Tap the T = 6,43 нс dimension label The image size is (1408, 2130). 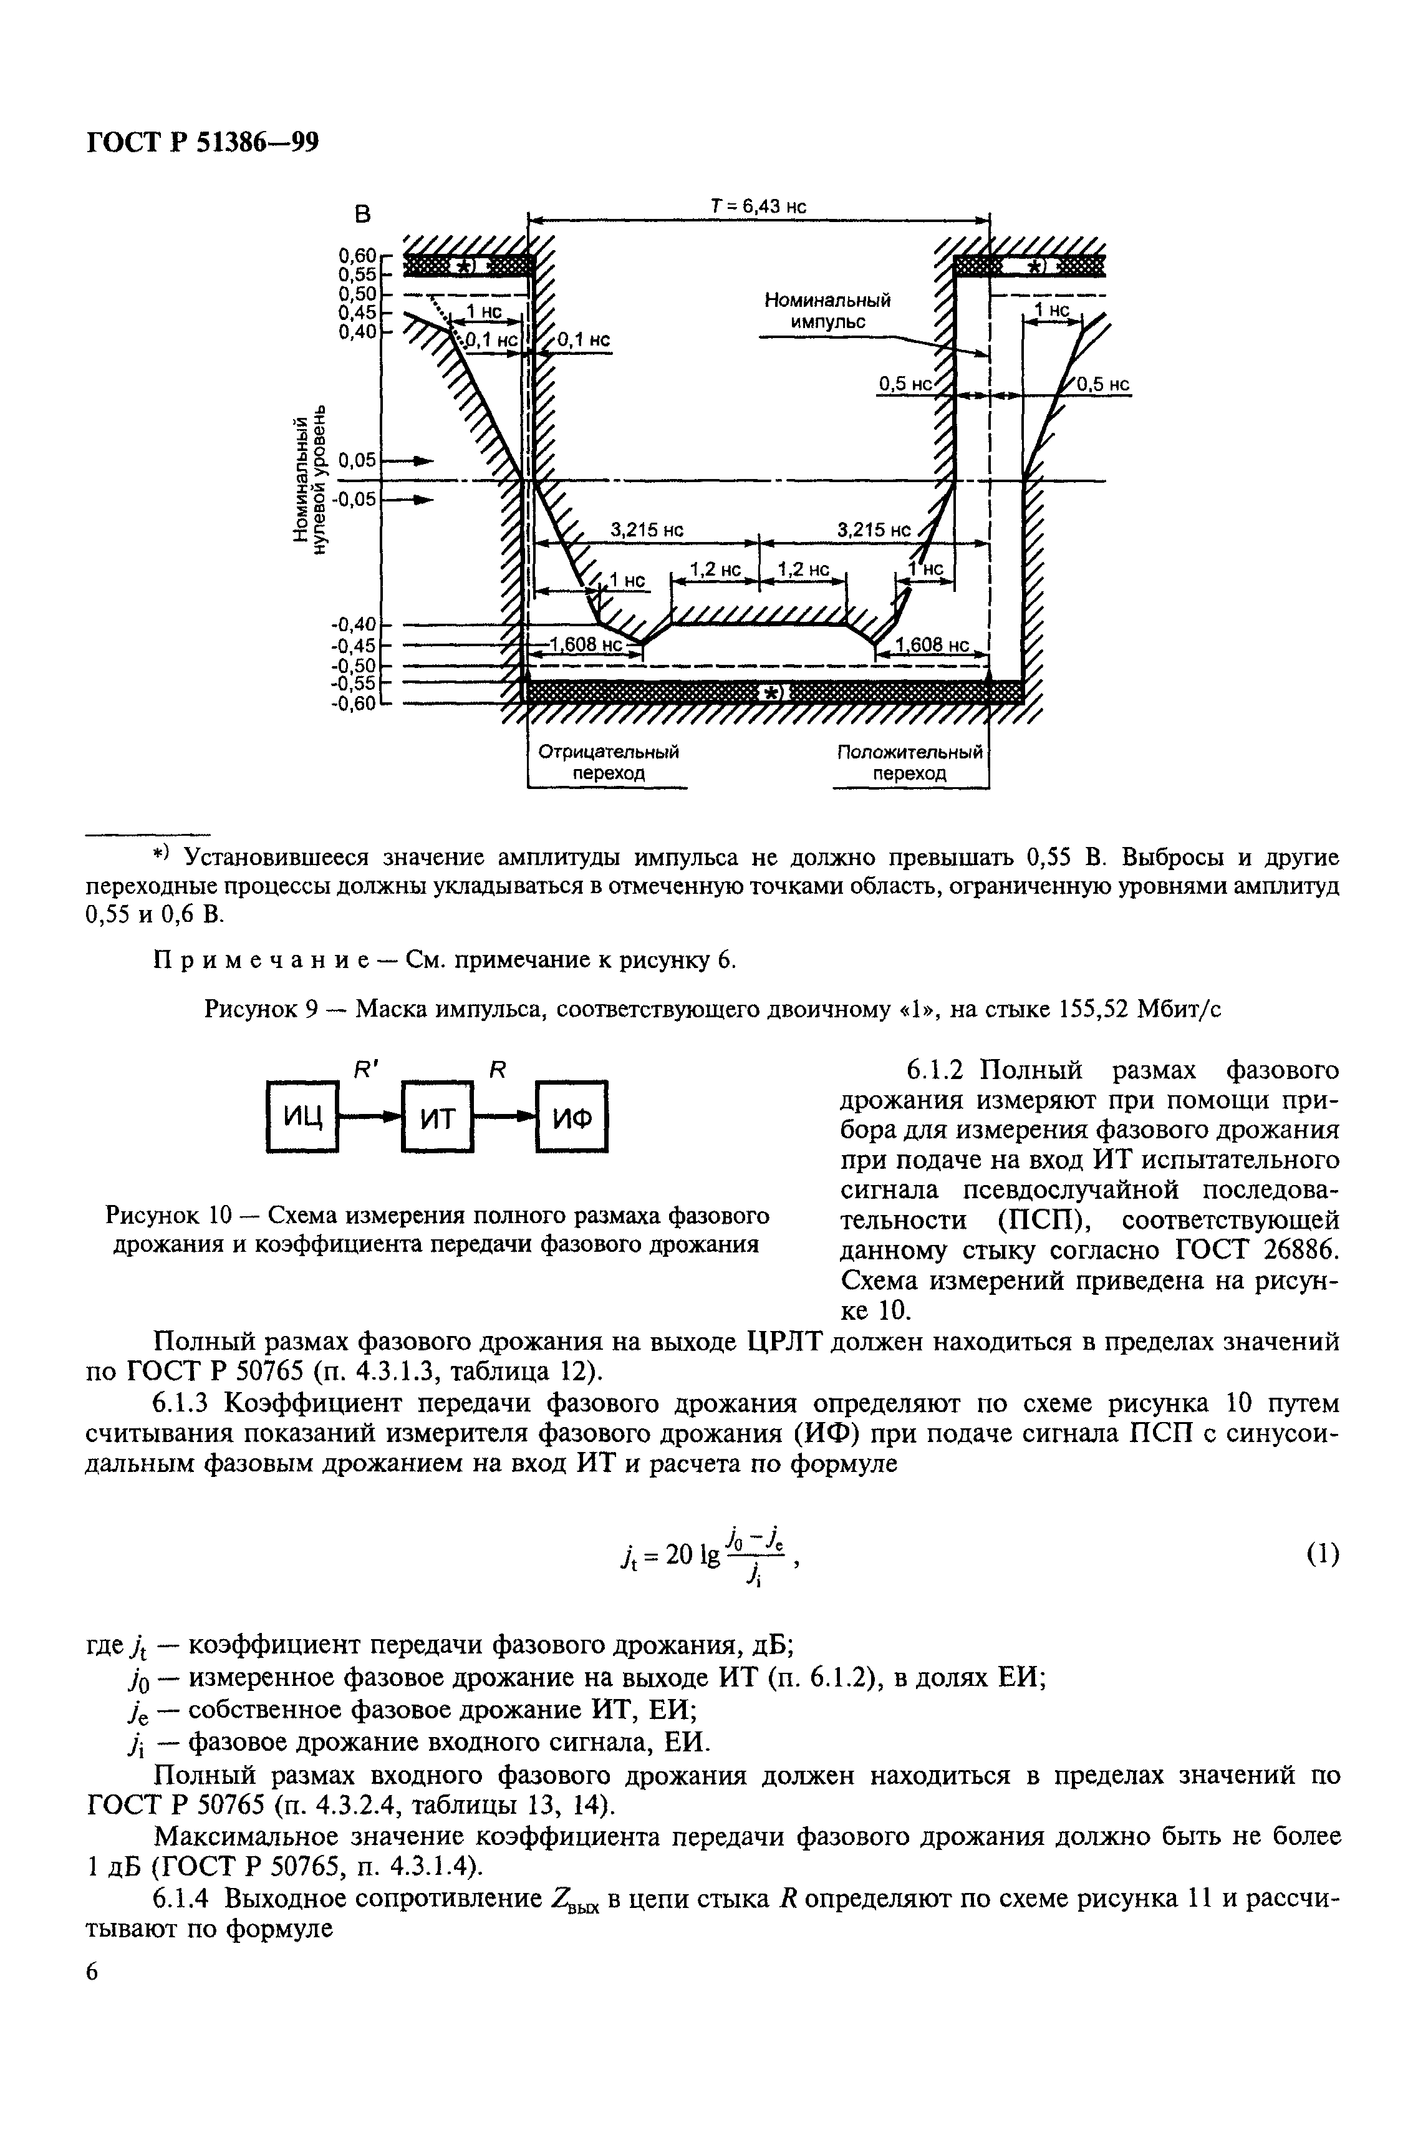pos(759,206)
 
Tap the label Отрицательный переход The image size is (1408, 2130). pos(608,762)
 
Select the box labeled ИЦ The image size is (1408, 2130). pos(302,1117)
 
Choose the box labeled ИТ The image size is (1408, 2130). pos(437,1117)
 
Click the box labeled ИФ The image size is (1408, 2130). pos(572,1117)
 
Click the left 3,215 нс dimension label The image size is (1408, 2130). pos(647,531)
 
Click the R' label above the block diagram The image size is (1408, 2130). pos(365,1070)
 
